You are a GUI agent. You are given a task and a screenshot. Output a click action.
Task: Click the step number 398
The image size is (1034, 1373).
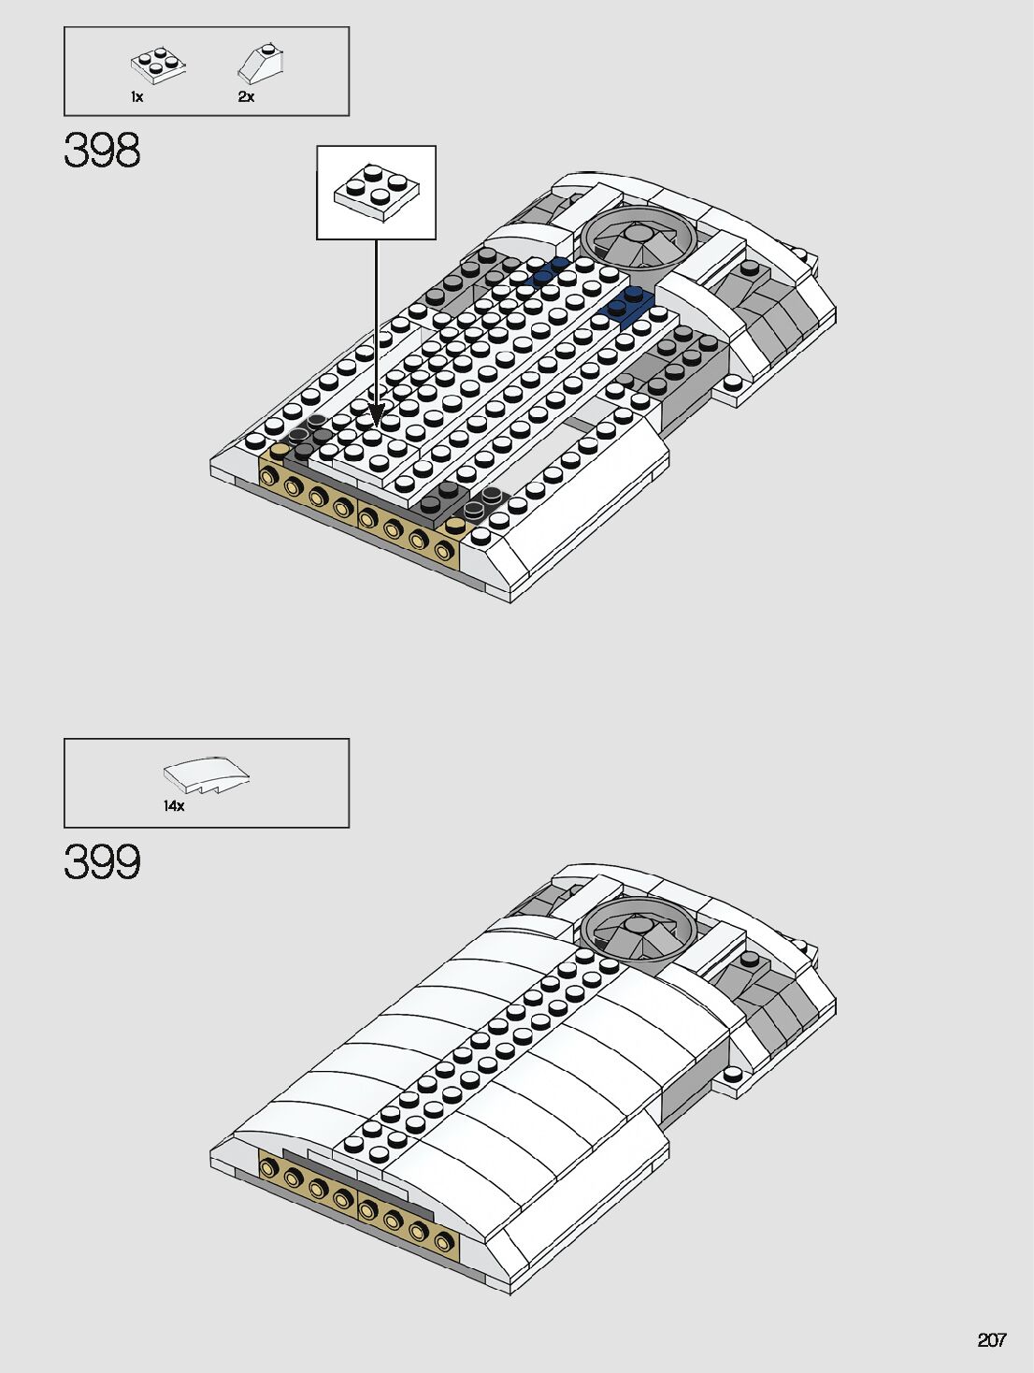[x=103, y=151]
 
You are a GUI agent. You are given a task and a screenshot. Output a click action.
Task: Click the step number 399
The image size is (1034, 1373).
[x=103, y=862]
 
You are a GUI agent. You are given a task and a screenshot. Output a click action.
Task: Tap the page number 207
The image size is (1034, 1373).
[x=991, y=1340]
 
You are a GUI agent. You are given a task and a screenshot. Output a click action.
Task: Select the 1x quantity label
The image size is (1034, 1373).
[x=136, y=97]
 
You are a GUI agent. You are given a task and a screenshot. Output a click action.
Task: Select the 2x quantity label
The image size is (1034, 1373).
[x=246, y=97]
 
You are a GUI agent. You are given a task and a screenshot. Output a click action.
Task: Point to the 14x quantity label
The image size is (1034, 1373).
[x=174, y=806]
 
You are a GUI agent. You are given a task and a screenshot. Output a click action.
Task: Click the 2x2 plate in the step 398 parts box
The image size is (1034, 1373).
[x=157, y=65]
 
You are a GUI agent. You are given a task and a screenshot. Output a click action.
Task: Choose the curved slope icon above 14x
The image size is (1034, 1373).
[x=207, y=776]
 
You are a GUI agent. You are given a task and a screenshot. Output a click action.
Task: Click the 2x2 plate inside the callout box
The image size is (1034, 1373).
[x=377, y=192]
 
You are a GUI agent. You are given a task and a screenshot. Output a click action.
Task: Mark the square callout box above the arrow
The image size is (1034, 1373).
[x=376, y=193]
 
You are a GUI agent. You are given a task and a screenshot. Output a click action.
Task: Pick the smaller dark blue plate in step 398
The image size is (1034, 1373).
[x=548, y=271]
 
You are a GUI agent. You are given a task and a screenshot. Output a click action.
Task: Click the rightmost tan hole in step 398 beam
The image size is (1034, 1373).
[x=442, y=551]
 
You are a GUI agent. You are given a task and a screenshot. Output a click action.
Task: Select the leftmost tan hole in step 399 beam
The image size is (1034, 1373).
[x=272, y=1168]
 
